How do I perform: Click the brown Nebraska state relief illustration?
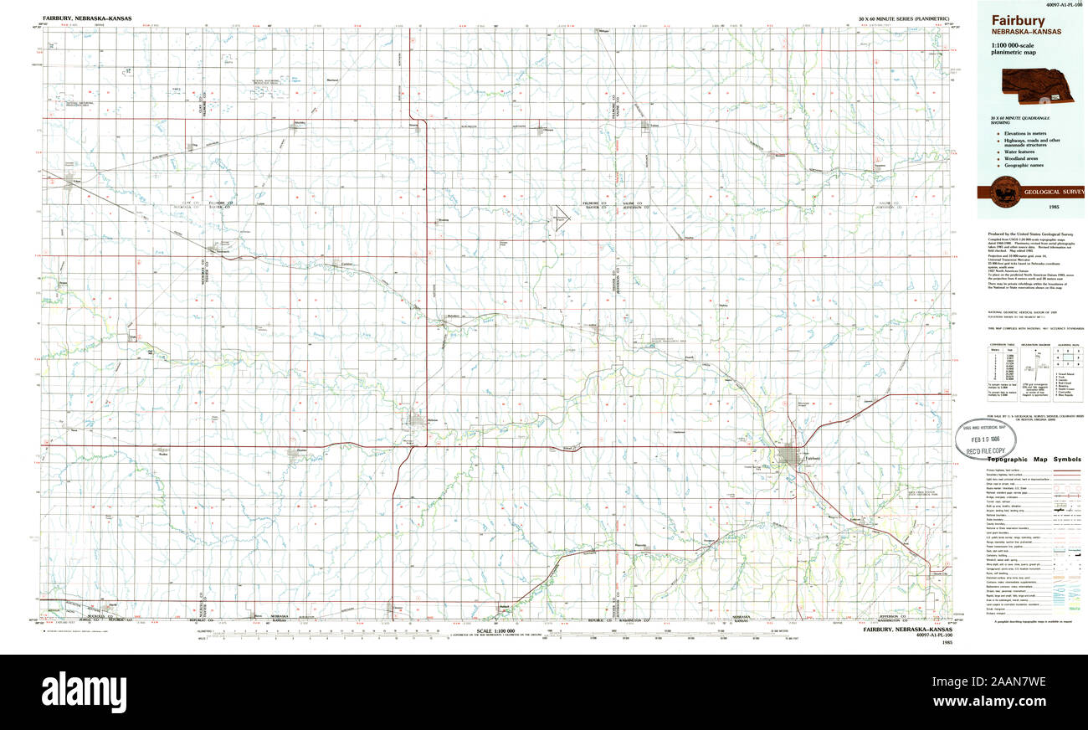pyautogui.click(x=1038, y=83)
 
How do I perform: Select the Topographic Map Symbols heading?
pyautogui.click(x=1034, y=460)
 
